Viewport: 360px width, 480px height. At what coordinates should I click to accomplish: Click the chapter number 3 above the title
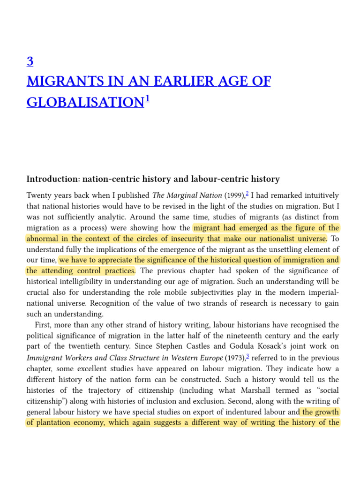(30, 61)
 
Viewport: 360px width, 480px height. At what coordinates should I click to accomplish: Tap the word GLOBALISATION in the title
(84, 102)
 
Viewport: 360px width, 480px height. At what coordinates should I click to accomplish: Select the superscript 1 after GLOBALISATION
(147, 98)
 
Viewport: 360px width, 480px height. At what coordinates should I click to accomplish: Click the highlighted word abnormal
(44, 239)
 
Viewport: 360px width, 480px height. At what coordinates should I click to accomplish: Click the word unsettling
(281, 249)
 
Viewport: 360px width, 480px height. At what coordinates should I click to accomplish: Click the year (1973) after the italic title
(235, 357)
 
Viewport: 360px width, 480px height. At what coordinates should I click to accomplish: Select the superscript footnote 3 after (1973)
(247, 356)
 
